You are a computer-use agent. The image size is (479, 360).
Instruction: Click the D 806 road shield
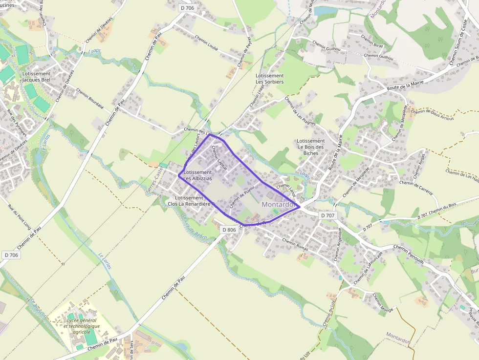pyautogui.click(x=229, y=230)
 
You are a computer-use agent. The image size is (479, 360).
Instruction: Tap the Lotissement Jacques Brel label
pyautogui.click(x=36, y=77)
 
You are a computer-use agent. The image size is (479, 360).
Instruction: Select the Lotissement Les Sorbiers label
pyautogui.click(x=269, y=79)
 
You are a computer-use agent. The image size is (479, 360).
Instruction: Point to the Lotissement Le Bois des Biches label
pyautogui.click(x=310, y=147)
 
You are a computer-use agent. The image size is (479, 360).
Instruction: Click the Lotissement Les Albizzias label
pyautogui.click(x=197, y=175)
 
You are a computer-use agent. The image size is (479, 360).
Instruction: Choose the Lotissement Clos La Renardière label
pyautogui.click(x=189, y=201)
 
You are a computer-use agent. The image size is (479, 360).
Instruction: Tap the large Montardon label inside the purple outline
pyautogui.click(x=278, y=204)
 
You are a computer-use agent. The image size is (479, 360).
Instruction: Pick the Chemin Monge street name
pyautogui.click(x=383, y=303)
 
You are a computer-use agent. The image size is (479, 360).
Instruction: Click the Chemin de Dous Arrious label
pyautogui.click(x=432, y=114)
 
